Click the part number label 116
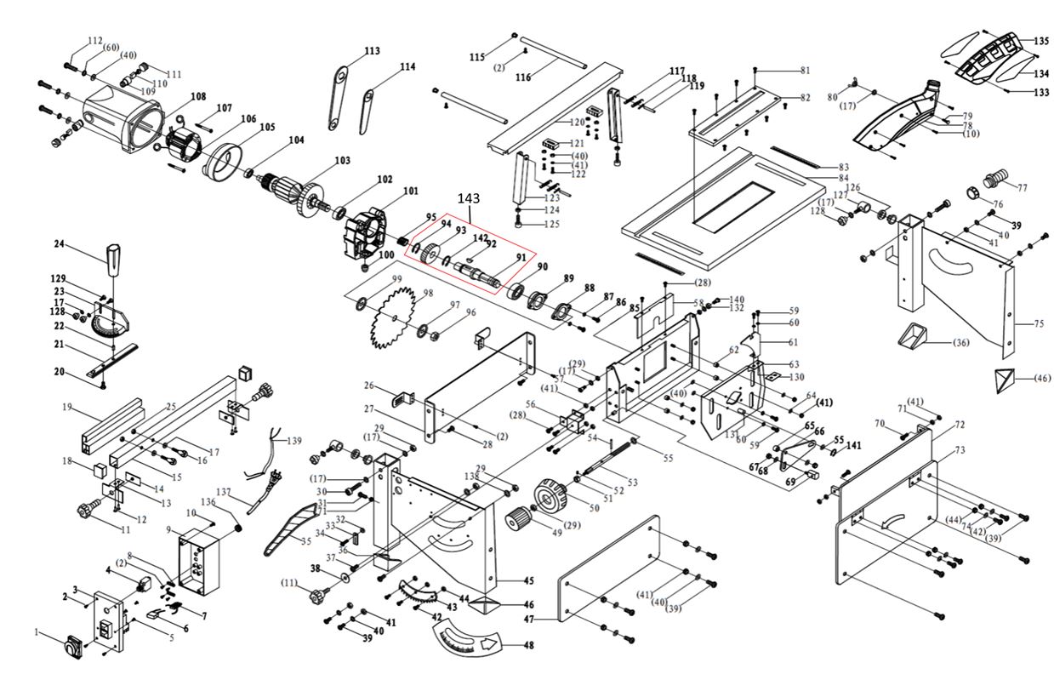[522, 77]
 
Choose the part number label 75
[1038, 324]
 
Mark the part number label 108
[198, 97]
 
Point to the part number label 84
[844, 178]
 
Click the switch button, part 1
[71, 649]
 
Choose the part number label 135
[1041, 41]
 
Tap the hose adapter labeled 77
[990, 181]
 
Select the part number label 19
[66, 408]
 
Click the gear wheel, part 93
[431, 253]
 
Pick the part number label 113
[372, 51]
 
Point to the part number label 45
[528, 581]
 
